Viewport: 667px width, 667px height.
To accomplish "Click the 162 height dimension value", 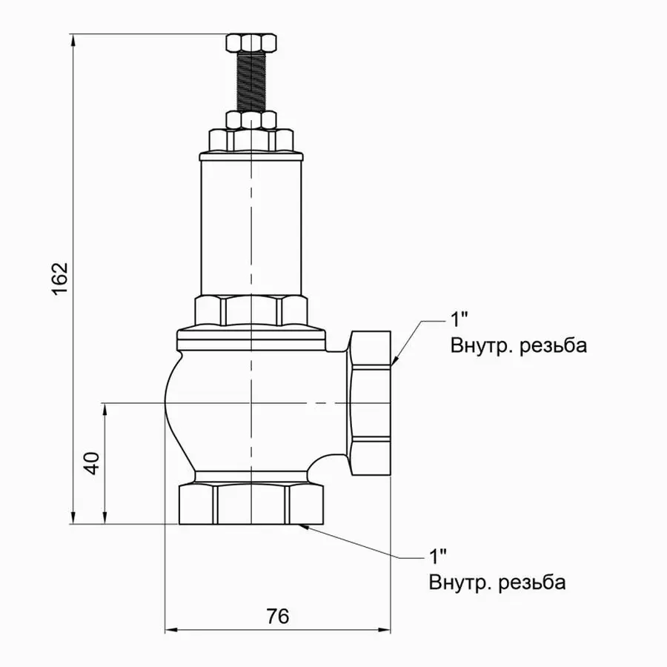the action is (x=61, y=278).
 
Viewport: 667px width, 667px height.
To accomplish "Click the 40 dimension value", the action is (x=92, y=464).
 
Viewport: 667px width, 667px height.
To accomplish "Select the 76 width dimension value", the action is (x=277, y=616).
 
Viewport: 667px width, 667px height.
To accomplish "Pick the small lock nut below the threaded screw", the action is (x=251, y=120).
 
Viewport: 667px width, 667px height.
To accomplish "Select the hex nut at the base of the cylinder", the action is (x=251, y=311).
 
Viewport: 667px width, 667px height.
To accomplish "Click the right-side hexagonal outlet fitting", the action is (x=371, y=404).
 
